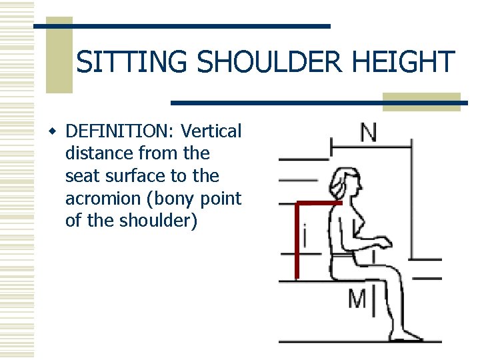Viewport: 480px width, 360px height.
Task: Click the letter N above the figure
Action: click(x=368, y=133)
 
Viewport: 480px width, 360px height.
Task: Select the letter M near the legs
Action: click(x=357, y=299)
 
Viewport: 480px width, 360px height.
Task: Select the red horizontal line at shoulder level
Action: click(x=319, y=203)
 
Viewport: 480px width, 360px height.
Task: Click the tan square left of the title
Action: click(x=59, y=55)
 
